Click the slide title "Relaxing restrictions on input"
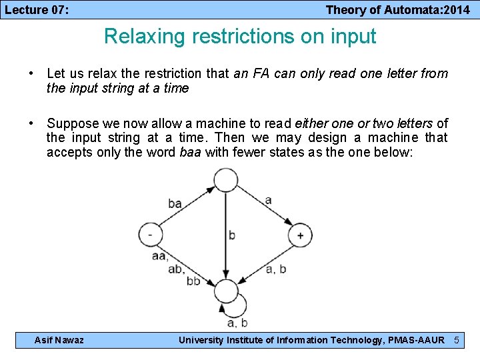click(x=240, y=36)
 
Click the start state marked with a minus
click(x=150, y=235)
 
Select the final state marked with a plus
click(x=299, y=235)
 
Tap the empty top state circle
click(x=226, y=179)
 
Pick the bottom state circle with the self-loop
click(x=226, y=291)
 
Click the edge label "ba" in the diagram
click(x=175, y=203)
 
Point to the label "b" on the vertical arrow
click(x=231, y=235)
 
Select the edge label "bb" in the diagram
click(x=193, y=282)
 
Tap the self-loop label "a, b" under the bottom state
click(x=237, y=324)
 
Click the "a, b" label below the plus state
click(x=276, y=269)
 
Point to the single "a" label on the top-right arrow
click(x=268, y=199)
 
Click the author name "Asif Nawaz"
click(x=59, y=340)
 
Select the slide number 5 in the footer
click(x=457, y=340)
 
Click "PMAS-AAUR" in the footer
click(x=416, y=340)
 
